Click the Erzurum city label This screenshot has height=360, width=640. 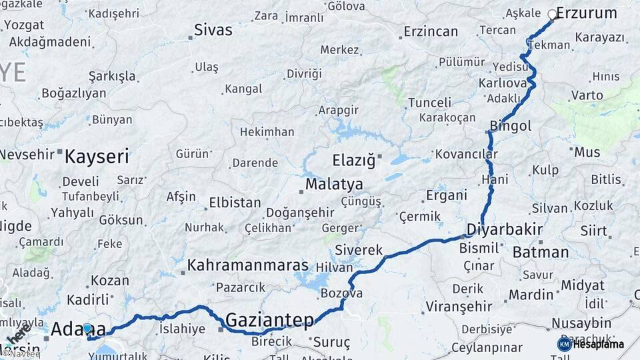click(x=586, y=13)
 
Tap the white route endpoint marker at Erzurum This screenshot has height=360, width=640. click(x=552, y=14)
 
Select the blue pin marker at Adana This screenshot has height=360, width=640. click(x=87, y=328)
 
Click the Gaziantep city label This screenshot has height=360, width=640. click(x=269, y=321)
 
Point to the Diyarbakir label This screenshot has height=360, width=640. click(x=504, y=229)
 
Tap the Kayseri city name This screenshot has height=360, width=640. click(x=97, y=157)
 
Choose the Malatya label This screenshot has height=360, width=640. click(x=334, y=184)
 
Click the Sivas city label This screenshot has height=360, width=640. click(x=213, y=30)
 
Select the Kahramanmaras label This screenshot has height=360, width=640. click(x=247, y=265)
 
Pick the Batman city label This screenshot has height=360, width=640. click(x=541, y=252)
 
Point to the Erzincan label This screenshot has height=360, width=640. click(x=431, y=31)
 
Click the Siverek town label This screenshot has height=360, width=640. click(x=359, y=250)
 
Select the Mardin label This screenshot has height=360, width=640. click(x=531, y=294)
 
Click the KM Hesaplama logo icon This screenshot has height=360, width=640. click(x=564, y=344)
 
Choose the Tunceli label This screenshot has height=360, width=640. click(x=429, y=103)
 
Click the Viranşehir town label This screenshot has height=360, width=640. click(x=461, y=307)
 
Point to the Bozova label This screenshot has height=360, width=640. click(x=341, y=293)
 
